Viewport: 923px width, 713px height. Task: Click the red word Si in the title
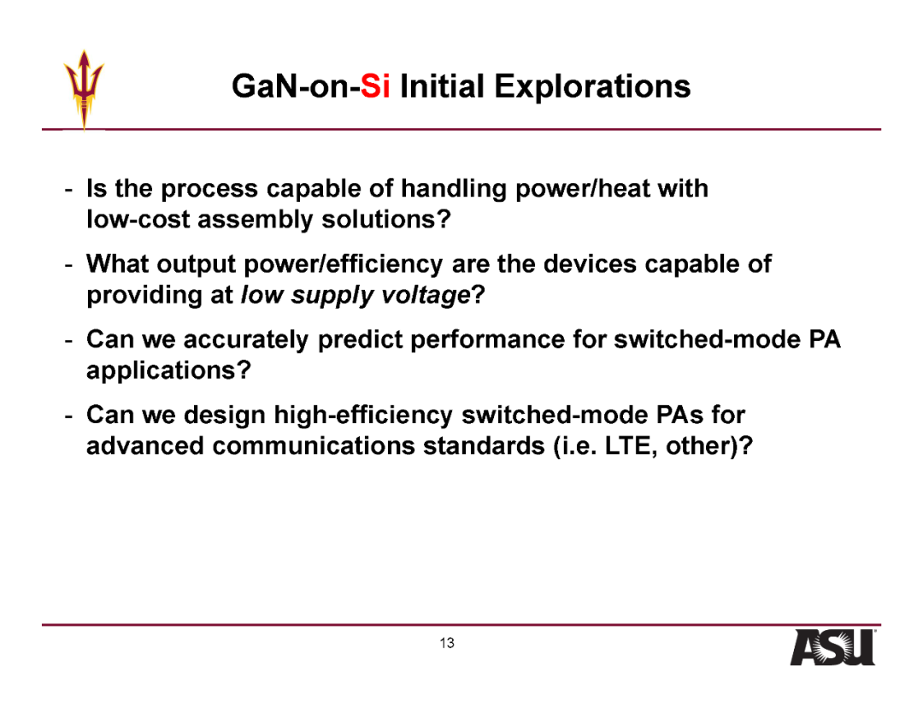pyautogui.click(x=375, y=86)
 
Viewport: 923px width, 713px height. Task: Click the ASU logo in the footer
pyautogui.click(x=833, y=648)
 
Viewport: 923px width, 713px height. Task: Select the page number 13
pyautogui.click(x=447, y=643)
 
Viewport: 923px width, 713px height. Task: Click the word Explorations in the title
pyautogui.click(x=592, y=87)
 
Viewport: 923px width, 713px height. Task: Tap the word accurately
pyautogui.click(x=246, y=339)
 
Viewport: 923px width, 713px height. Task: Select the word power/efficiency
pyautogui.click(x=344, y=264)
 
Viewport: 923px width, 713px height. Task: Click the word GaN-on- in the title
pyautogui.click(x=296, y=86)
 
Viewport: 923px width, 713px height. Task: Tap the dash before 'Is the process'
pyautogui.click(x=69, y=190)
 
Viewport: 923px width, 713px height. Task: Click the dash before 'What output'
pyautogui.click(x=69, y=266)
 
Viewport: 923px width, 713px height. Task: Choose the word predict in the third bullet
pyautogui.click(x=360, y=339)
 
